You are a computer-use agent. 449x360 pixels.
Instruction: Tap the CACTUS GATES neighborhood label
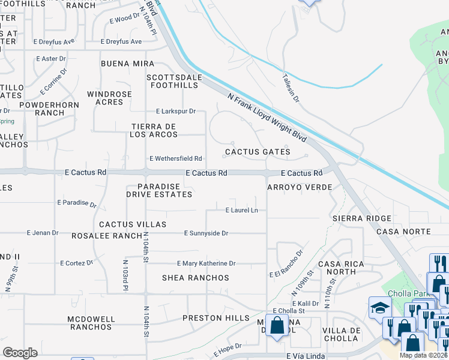tap(258, 152)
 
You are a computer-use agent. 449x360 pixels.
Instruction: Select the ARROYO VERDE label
tap(300, 187)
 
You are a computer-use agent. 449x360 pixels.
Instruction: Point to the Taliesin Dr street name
tap(291, 88)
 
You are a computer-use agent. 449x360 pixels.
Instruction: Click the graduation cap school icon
tap(380, 308)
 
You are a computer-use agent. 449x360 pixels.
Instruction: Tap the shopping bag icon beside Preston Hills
tap(277, 327)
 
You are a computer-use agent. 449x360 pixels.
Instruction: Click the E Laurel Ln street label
tap(241, 210)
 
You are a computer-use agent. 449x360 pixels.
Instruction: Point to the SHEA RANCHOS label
tap(196, 278)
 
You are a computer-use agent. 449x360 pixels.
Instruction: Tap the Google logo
tap(20, 352)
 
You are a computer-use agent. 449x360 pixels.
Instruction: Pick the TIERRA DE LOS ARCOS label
tap(155, 130)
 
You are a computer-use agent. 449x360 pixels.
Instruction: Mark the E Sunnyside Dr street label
tap(206, 233)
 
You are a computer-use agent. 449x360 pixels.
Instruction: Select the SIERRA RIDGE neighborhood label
tap(362, 218)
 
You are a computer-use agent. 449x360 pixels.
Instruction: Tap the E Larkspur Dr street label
tap(176, 111)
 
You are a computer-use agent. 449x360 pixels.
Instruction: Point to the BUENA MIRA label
tap(127, 64)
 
